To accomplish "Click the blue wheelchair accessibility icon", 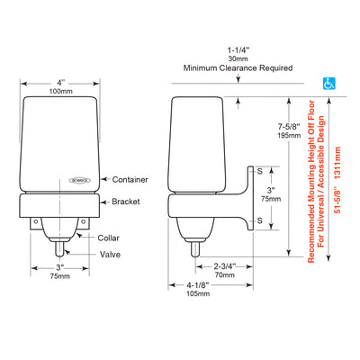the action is tap(328, 84).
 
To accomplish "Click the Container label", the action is tap(130, 180).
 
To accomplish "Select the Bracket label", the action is tap(126, 202).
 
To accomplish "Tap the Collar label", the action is tap(108, 238).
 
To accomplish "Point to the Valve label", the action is tap(110, 255).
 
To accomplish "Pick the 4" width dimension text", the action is tap(61, 83).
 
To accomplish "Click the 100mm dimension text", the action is tap(61, 91).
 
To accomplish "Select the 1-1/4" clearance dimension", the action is tap(238, 50).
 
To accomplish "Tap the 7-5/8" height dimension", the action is tap(289, 126).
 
